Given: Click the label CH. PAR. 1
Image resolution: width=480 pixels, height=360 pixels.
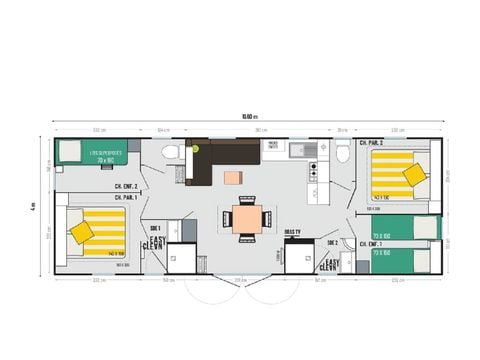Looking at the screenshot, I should pos(127,197).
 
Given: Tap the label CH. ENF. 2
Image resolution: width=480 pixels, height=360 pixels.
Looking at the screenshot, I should pos(127,187).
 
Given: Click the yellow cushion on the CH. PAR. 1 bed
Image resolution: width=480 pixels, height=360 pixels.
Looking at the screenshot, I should pos(82,232).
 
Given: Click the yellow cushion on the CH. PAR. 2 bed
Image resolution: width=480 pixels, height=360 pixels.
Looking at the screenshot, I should pos(413,175).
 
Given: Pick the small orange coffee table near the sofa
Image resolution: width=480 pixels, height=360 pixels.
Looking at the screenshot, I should pos(232,178).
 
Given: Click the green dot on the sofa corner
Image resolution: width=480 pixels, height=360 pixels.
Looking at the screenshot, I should pos(197,148).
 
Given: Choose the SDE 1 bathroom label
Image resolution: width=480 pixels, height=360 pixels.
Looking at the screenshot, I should pos(155,228).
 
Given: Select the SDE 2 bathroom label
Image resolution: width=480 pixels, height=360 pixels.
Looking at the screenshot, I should pos(332,243).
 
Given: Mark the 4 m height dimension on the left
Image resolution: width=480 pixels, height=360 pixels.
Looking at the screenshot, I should pos(32,207).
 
